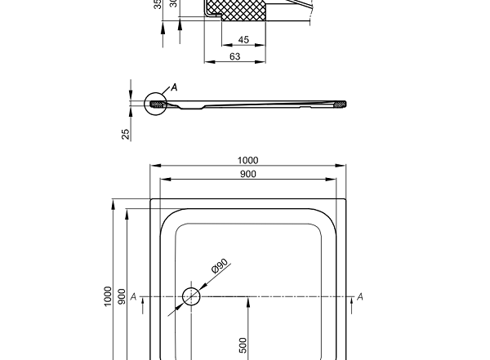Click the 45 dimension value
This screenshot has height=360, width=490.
click(x=243, y=40)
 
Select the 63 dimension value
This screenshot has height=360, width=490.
click(x=235, y=56)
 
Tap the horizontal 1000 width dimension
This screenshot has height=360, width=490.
click(x=247, y=160)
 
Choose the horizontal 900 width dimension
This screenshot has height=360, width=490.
click(x=247, y=174)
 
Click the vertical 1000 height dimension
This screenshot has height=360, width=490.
click(x=108, y=296)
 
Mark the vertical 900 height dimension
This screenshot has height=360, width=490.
click(x=122, y=296)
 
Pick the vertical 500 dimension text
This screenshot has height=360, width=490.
click(x=243, y=344)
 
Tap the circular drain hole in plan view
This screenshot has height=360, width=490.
click(x=191, y=296)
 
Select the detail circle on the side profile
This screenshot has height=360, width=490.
click(x=154, y=104)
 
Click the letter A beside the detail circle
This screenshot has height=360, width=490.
click(x=174, y=87)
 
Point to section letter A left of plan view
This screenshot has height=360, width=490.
click(x=132, y=296)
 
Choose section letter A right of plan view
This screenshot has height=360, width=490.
click(x=360, y=296)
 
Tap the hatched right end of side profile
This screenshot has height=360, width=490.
click(x=339, y=103)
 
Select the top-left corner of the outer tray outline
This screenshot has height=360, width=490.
click(x=151, y=199)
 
